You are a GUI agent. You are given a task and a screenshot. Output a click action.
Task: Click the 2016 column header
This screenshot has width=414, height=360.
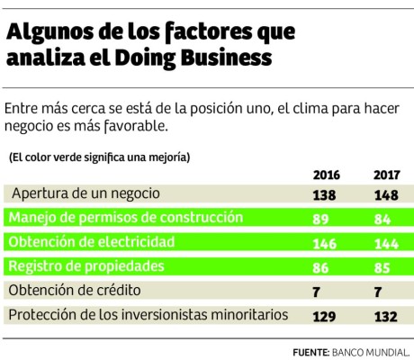click(326, 175)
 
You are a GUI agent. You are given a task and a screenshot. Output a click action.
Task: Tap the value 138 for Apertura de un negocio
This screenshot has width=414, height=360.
click(326, 193)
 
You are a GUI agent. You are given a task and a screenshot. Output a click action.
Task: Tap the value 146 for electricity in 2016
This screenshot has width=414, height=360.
click(326, 243)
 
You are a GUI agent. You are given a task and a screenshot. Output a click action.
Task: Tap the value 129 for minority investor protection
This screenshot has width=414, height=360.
click(326, 316)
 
